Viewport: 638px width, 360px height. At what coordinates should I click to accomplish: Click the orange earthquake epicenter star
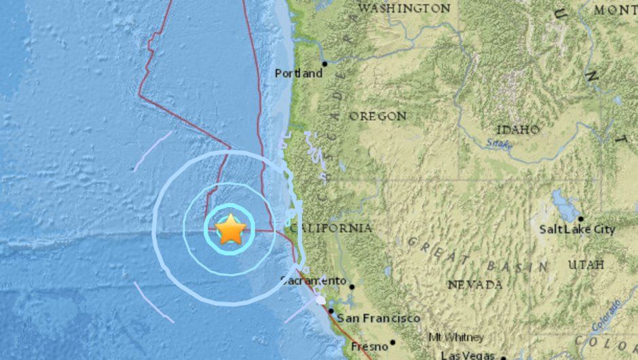pyautogui.click(x=231, y=230)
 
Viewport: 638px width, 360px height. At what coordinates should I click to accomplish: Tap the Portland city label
pyautogui.click(x=299, y=73)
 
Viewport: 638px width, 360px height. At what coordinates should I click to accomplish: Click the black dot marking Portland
pyautogui.click(x=325, y=64)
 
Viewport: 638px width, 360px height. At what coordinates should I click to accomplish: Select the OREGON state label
pyautogui.click(x=378, y=117)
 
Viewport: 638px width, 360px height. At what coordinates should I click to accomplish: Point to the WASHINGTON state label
pyautogui.click(x=404, y=9)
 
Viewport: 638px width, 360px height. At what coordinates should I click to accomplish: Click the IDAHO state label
pyautogui.click(x=518, y=130)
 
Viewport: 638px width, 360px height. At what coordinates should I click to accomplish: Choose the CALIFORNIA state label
pyautogui.click(x=332, y=228)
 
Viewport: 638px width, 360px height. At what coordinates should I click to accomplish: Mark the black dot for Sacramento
pyautogui.click(x=352, y=287)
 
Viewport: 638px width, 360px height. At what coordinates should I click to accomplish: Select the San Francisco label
pyautogui.click(x=379, y=318)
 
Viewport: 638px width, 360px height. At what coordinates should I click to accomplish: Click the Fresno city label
pyautogui.click(x=370, y=346)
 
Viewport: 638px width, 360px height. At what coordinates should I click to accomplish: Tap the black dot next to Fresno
pyautogui.click(x=392, y=343)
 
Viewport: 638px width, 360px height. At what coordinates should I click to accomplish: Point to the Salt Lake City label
pyautogui.click(x=577, y=230)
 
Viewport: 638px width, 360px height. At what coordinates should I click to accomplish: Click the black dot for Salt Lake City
pyautogui.click(x=580, y=219)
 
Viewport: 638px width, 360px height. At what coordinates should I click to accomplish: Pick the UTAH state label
pyautogui.click(x=586, y=264)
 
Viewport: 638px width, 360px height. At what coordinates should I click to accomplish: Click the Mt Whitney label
pyautogui.click(x=456, y=338)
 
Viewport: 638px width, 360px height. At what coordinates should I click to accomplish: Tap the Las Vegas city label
pyautogui.click(x=469, y=355)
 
